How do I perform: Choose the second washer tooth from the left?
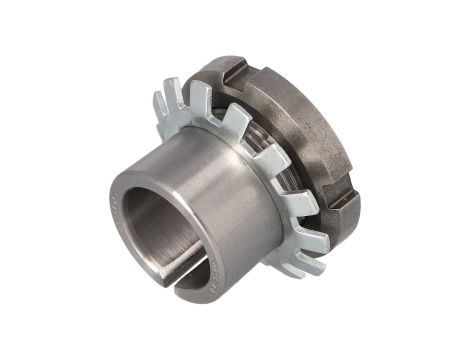pos(180,90)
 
